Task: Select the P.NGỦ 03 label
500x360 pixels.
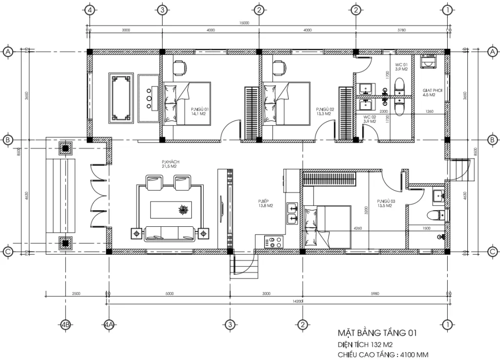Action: [x=385, y=203]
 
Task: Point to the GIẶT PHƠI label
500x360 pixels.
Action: [x=429, y=93]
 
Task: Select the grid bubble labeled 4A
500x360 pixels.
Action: [x=108, y=324]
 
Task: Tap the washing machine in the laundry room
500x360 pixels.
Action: [x=429, y=62]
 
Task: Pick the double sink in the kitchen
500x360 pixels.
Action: [x=292, y=213]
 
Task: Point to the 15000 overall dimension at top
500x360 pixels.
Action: [x=244, y=23]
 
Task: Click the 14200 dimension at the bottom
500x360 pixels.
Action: [x=297, y=302]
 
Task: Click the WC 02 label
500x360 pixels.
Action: [x=369, y=119]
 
